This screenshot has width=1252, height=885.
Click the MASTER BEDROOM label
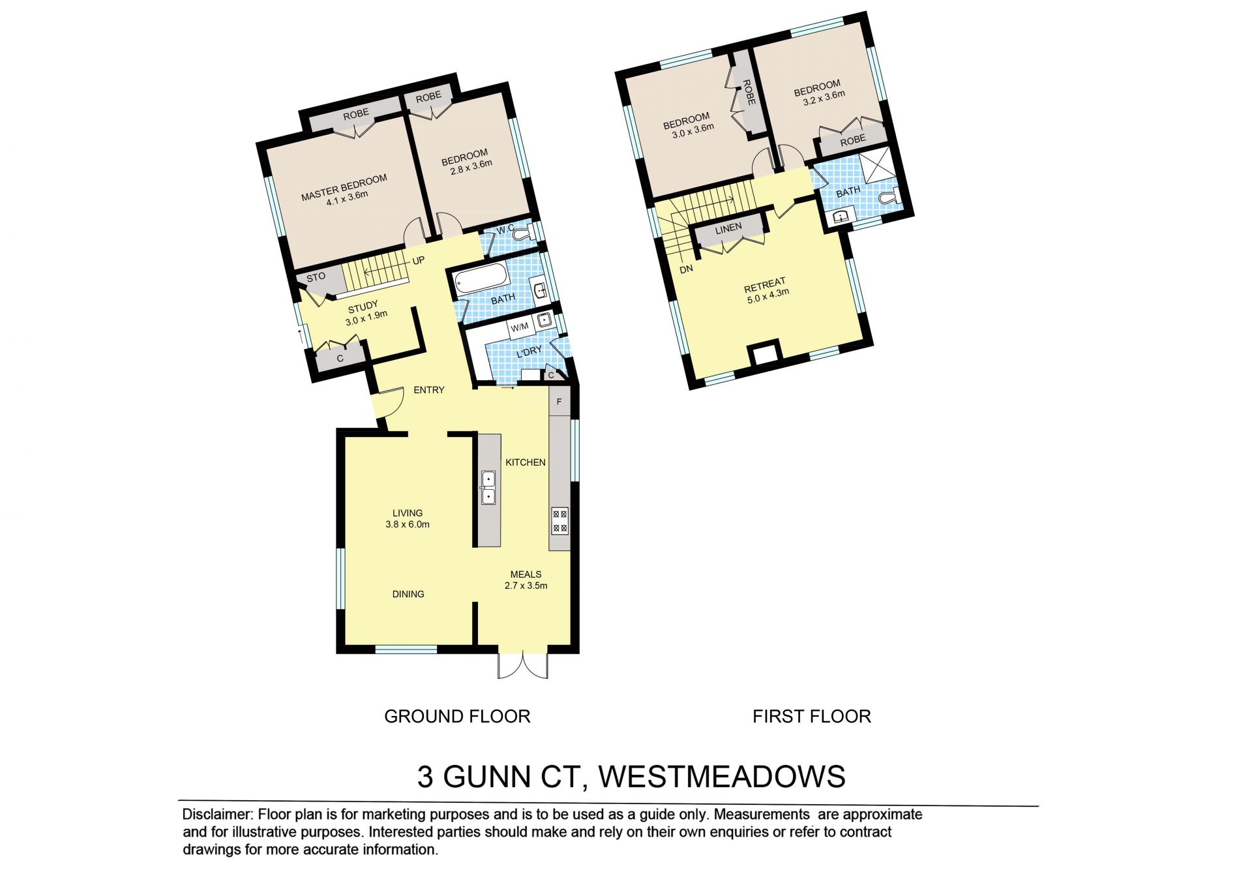[x=344, y=186]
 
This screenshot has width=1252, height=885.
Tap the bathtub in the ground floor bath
[x=481, y=279]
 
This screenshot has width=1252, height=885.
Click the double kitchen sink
[x=488, y=488]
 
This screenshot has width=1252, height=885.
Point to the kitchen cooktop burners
[x=560, y=520]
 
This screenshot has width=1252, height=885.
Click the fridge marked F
[x=559, y=402]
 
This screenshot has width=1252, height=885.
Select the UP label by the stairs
[x=419, y=261]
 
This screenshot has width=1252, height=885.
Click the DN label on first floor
[x=686, y=269]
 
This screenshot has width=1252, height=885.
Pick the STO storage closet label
[x=316, y=277]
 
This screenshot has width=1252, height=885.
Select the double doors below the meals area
[x=523, y=665]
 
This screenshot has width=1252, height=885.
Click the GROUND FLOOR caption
[x=457, y=716]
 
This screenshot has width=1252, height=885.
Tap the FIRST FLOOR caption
[x=812, y=716]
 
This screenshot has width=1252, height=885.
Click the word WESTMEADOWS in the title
[x=722, y=777]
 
